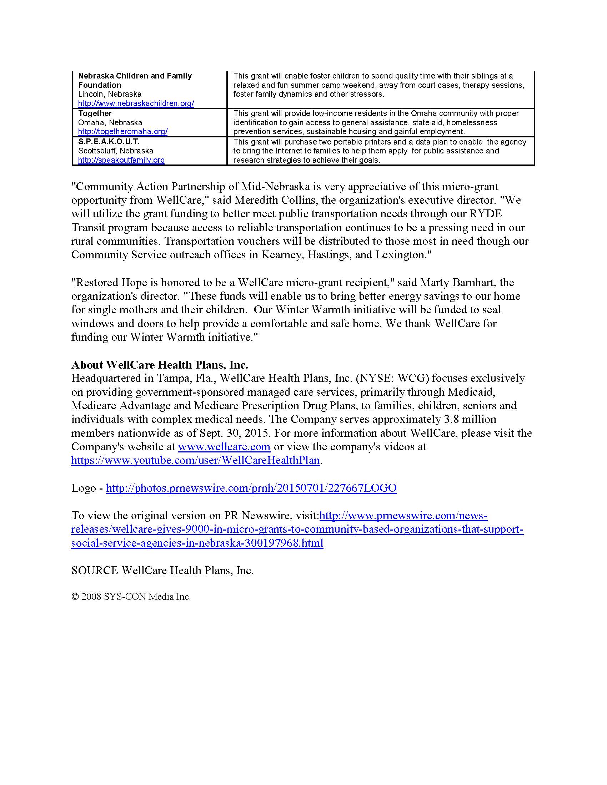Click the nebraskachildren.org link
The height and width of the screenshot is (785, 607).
(136, 103)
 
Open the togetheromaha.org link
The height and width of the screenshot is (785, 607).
(122, 132)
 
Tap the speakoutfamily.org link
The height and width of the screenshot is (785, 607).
(121, 160)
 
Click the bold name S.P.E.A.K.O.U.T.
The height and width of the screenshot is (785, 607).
(109, 142)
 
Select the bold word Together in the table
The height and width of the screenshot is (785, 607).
(95, 113)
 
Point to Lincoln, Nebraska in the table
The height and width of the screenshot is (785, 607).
(110, 94)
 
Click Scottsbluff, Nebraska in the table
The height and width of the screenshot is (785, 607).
(115, 151)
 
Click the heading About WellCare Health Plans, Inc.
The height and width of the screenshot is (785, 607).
(160, 365)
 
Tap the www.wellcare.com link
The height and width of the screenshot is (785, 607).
(224, 447)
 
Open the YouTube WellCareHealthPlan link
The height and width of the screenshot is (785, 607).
(195, 460)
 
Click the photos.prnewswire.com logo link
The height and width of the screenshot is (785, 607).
(251, 488)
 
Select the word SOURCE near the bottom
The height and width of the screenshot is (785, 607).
(95, 571)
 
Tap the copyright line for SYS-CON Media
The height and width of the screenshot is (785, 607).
(131, 597)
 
